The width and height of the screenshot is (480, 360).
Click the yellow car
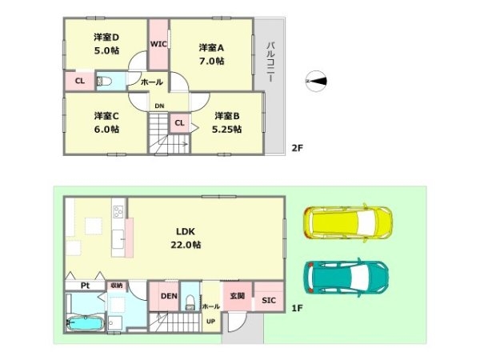pyautogui.click(x=348, y=222)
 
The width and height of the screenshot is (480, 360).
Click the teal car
pyautogui.click(x=346, y=278)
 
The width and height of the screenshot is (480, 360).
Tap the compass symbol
pyautogui.click(x=316, y=81)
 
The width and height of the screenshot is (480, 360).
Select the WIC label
pyautogui.click(x=158, y=44)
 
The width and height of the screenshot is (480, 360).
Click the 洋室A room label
pyautogui.click(x=211, y=48)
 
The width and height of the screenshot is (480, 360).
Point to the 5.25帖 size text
pyautogui.click(x=227, y=129)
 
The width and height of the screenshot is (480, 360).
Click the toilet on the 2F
pyautogui.click(x=104, y=82)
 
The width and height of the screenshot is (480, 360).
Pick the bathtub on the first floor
pyautogui.click(x=85, y=323)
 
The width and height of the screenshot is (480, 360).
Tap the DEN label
pyautogui.click(x=169, y=296)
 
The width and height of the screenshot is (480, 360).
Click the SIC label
pyautogui.click(x=269, y=300)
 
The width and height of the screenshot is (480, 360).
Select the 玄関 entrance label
pyautogui.click(x=238, y=296)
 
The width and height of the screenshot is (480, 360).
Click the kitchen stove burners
pyautogui.click(x=118, y=211)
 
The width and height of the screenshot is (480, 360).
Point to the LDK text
pyautogui.click(x=186, y=231)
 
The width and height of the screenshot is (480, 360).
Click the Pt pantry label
pyautogui.click(x=85, y=286)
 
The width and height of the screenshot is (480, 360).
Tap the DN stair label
pyautogui.click(x=159, y=106)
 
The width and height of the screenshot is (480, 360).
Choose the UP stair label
pyautogui.click(x=210, y=322)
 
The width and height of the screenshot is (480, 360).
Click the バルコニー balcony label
pyautogui.click(x=270, y=62)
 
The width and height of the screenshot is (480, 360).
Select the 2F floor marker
pyautogui.click(x=297, y=148)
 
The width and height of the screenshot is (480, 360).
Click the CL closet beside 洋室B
pyautogui.click(x=180, y=122)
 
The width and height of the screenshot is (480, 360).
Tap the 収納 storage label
pyautogui.click(x=117, y=286)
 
